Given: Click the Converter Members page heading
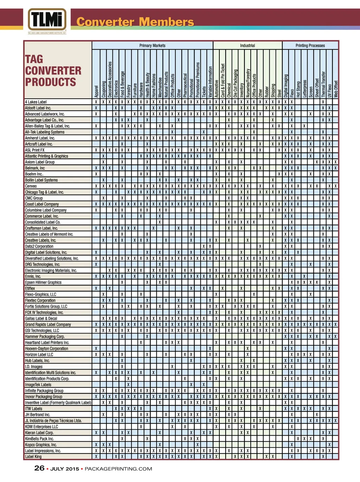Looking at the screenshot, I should click(x=135, y=22).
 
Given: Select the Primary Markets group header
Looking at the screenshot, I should click(x=152, y=45).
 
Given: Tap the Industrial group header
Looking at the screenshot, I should click(x=247, y=45).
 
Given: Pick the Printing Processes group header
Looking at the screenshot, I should click(x=310, y=45).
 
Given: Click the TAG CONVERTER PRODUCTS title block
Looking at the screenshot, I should click(x=53, y=71).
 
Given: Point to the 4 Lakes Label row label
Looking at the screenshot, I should click(x=36, y=102).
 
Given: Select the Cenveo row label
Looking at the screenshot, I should click(x=31, y=186).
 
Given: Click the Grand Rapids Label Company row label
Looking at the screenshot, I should click(x=48, y=324).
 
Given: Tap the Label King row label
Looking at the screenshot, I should click(x=33, y=457).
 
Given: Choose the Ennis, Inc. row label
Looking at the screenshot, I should click(x=33, y=276).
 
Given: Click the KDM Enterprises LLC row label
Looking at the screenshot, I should click(x=41, y=426).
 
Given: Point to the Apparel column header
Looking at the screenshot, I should click(x=96, y=91).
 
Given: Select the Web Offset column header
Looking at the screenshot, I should click(x=336, y=89).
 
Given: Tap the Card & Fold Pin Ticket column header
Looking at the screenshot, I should click(x=223, y=80).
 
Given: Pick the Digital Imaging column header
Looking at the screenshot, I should click(x=286, y=85).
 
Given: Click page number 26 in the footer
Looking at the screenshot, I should click(x=39, y=468).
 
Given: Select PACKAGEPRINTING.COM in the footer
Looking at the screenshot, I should click(x=118, y=469).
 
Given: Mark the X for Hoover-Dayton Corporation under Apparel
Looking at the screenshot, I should click(x=96, y=349).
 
